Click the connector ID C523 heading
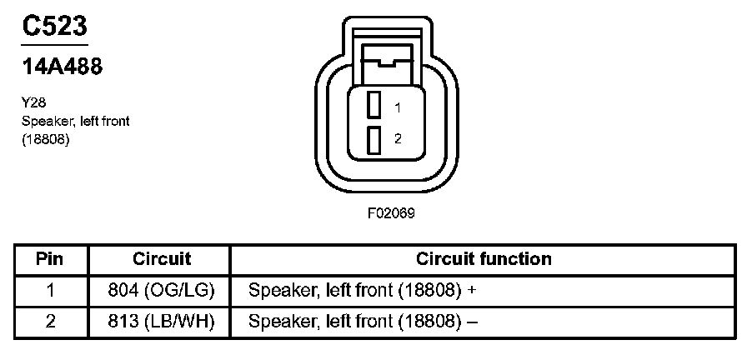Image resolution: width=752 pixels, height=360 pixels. click(54, 27)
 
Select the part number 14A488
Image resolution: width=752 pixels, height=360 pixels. click(62, 67)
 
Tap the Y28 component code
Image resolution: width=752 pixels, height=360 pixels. click(33, 104)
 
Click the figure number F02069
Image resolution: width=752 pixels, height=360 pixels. click(392, 212)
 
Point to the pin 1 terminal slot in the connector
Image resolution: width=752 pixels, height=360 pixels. click(375, 105)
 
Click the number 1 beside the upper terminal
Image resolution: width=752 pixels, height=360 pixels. click(399, 107)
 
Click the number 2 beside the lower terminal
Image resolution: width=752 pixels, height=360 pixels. click(399, 139)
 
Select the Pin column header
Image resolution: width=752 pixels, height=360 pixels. click(50, 259)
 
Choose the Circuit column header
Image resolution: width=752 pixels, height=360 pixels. click(162, 259)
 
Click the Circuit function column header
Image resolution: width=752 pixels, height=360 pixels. click(484, 259)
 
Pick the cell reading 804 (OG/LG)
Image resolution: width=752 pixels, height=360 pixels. click(162, 291)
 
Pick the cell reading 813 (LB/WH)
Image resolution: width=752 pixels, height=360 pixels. click(162, 322)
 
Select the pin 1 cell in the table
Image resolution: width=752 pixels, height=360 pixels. click(50, 291)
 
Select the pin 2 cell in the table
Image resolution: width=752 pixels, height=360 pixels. click(50, 322)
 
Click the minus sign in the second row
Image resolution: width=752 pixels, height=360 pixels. click(472, 322)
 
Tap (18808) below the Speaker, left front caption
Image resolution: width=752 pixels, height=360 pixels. click(45, 139)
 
